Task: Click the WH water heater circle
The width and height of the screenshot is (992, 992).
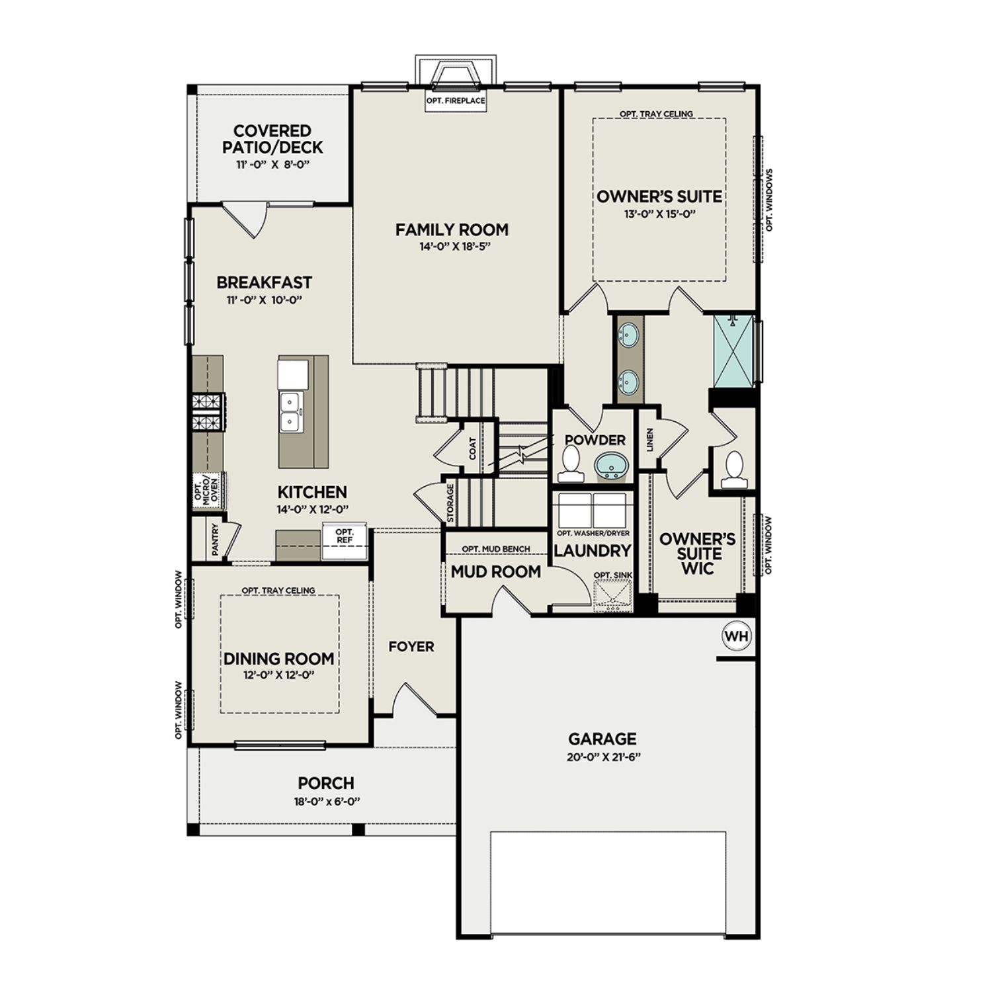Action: [737, 636]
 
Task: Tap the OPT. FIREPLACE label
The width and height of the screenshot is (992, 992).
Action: [456, 101]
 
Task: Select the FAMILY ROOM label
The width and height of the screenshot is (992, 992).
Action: [452, 229]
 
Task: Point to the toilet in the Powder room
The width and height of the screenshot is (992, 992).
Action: [569, 464]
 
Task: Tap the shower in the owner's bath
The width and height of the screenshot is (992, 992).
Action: [733, 351]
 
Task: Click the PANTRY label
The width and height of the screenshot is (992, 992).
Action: [215, 540]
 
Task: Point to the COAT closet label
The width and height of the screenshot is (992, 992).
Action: [473, 449]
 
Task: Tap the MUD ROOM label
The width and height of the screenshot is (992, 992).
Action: [495, 572]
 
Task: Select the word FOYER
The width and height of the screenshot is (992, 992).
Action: [411, 647]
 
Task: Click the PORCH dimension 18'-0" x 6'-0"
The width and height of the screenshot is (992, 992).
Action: [325, 802]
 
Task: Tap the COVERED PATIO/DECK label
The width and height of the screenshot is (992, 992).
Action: [272, 139]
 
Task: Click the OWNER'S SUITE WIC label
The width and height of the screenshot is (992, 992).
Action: [697, 554]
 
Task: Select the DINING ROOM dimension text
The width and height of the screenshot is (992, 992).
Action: [278, 675]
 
